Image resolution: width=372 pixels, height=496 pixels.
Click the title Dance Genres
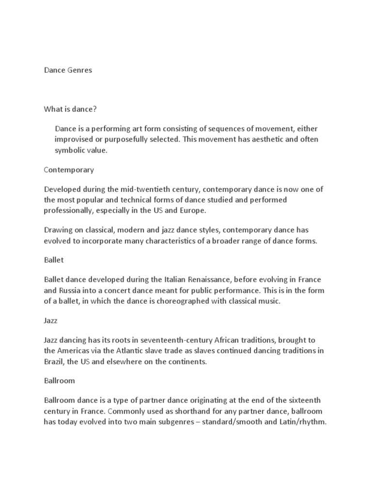tap(68, 70)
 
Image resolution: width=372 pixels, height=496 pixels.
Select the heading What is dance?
tap(71, 109)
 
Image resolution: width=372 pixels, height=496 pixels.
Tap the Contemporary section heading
tap(69, 170)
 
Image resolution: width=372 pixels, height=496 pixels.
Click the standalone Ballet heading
tap(54, 260)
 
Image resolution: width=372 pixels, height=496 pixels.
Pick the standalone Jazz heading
tap(51, 320)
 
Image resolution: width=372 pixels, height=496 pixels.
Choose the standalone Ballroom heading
tap(60, 381)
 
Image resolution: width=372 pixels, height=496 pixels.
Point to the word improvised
tap(74, 139)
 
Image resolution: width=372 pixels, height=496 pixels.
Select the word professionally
tap(71, 211)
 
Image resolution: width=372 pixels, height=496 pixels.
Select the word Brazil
tap(54, 361)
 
